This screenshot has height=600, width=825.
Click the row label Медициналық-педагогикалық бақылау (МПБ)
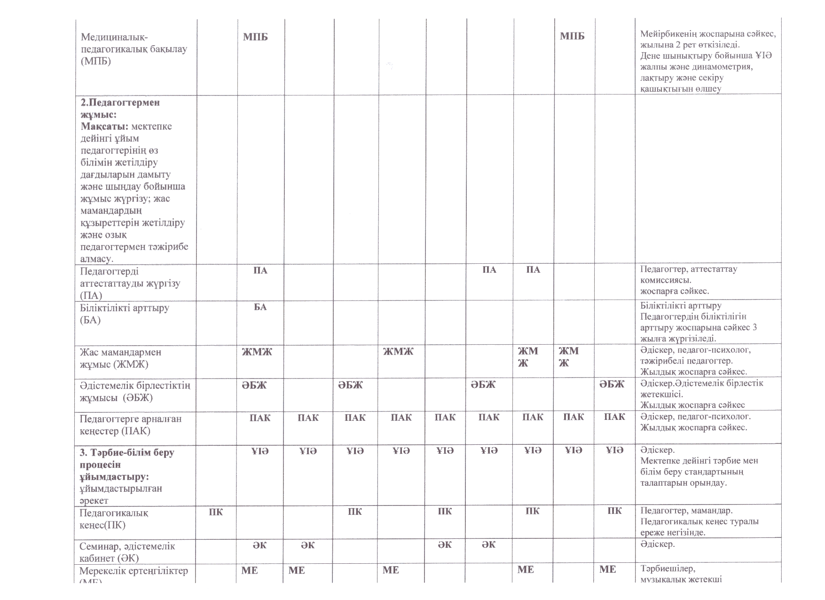tap(134, 49)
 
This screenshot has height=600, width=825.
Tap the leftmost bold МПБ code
tap(255, 37)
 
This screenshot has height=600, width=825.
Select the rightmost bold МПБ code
tap(572, 36)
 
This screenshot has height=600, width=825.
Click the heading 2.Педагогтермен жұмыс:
tap(120, 108)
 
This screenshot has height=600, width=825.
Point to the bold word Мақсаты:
tap(105, 126)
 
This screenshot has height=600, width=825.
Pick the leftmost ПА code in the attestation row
tap(260, 270)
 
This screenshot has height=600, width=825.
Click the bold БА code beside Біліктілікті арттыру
tap(260, 307)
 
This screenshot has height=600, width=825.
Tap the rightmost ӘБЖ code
tap(612, 384)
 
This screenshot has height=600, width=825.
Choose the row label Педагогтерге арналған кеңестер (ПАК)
tap(130, 425)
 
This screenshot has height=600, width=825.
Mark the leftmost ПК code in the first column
tap(216, 512)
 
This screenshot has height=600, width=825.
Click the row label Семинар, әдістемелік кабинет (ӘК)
tap(127, 552)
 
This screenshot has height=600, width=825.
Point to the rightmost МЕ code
tap(607, 570)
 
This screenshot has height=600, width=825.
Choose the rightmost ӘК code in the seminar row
tap(488, 545)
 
